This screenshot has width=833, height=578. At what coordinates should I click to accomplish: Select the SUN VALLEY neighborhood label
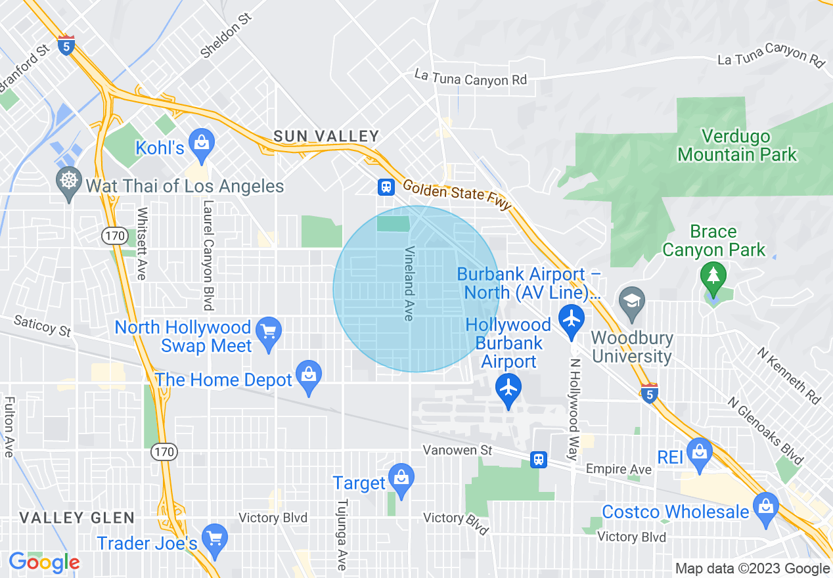326,136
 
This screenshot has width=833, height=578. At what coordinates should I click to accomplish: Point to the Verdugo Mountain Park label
736,146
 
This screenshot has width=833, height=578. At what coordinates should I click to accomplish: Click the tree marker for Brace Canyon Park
713,277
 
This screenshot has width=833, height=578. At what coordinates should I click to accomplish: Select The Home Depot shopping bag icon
308,375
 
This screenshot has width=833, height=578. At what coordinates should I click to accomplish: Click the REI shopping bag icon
699,452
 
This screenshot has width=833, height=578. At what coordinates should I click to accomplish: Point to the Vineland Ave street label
409,284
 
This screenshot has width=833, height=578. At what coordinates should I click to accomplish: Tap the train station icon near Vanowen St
539,459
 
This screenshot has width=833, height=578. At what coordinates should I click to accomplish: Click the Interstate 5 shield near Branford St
66,45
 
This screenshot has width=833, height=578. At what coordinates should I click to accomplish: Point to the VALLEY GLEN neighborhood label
77,518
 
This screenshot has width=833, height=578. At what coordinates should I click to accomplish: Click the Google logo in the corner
44,562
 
